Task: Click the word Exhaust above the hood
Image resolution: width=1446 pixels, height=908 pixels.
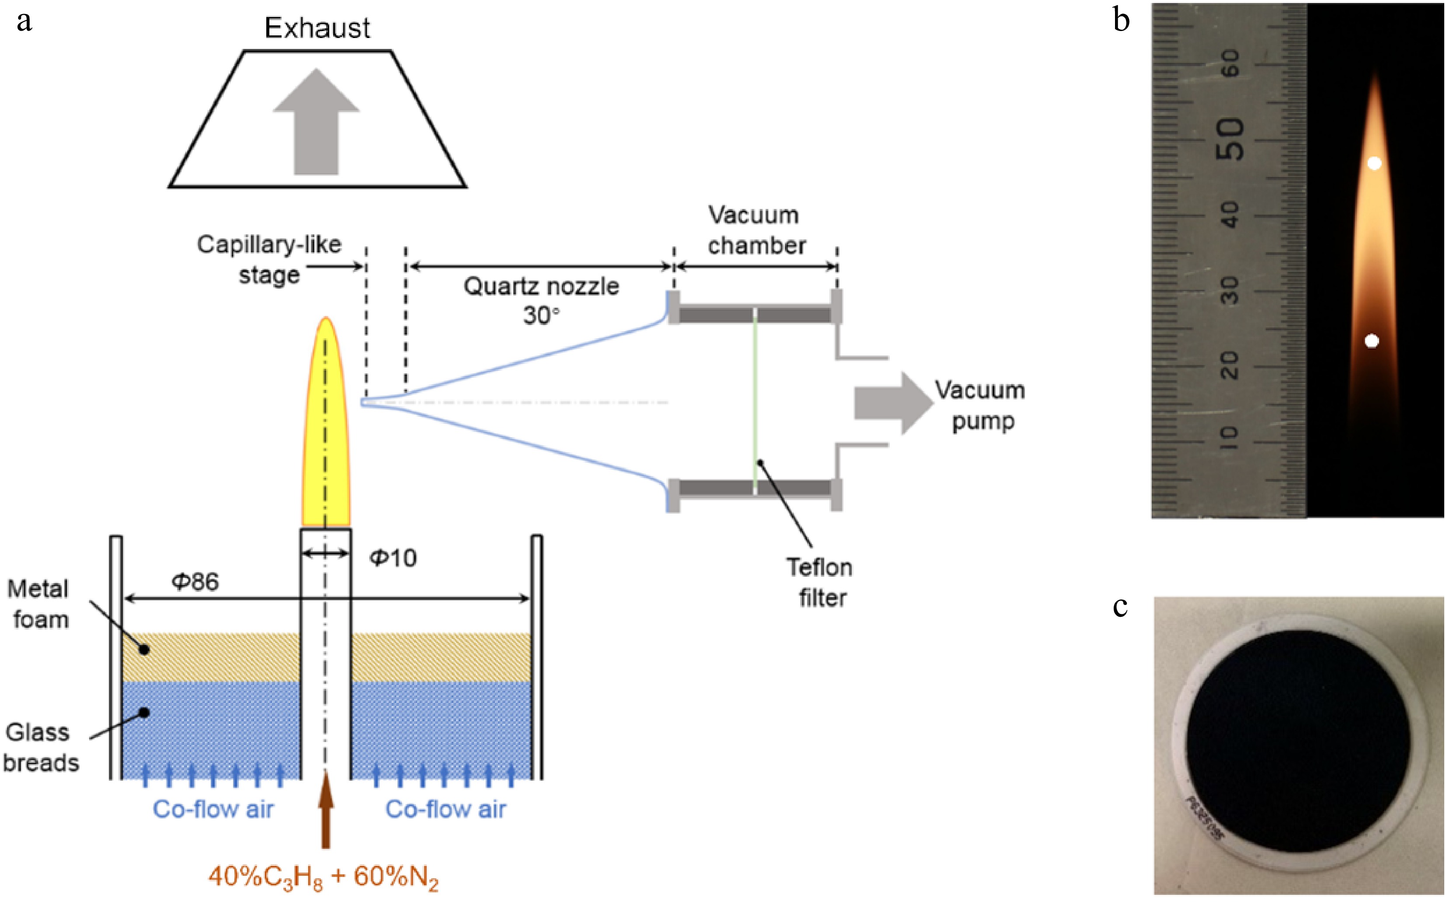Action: pyautogui.click(x=317, y=28)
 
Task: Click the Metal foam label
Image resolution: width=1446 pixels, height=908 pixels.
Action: pyautogui.click(x=39, y=604)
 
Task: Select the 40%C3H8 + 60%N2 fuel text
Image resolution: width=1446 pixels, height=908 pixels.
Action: pyautogui.click(x=323, y=877)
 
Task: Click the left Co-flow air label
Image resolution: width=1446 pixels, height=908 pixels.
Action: pyautogui.click(x=213, y=810)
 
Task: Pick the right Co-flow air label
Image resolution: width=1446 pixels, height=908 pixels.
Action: pyautogui.click(x=446, y=810)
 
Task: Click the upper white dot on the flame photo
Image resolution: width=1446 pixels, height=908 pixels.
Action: pyautogui.click(x=1375, y=163)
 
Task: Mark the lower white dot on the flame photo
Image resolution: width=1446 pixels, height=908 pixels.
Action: pyautogui.click(x=1372, y=341)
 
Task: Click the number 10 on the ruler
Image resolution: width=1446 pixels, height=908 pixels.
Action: pyautogui.click(x=1230, y=437)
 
